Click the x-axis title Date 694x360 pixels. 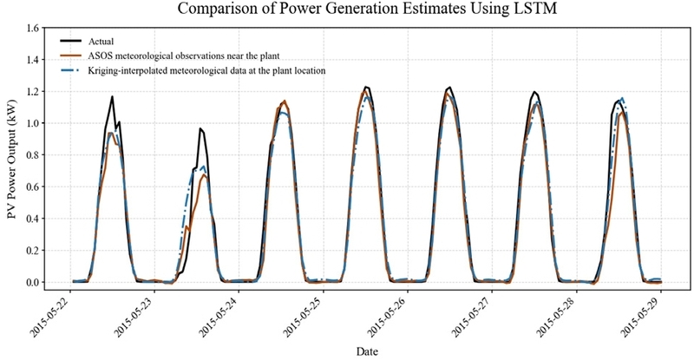[x=366, y=350]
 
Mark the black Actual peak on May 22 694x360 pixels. [x=112, y=97]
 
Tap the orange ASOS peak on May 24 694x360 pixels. [x=285, y=101]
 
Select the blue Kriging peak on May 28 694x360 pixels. [x=621, y=98]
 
